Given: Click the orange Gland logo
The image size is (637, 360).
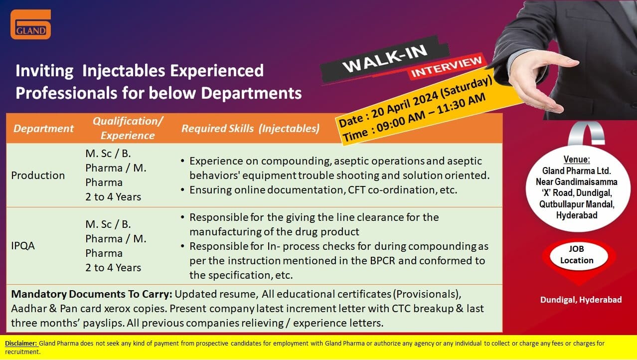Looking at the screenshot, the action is click(x=31, y=24).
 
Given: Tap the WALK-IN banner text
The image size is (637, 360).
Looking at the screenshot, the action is click(x=385, y=59).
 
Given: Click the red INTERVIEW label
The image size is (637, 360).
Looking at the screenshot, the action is click(x=447, y=67).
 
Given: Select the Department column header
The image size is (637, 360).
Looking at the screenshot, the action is click(x=43, y=128).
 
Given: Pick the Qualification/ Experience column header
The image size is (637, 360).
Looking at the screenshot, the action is click(x=128, y=128).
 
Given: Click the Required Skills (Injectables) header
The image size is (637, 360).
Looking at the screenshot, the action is click(x=251, y=128).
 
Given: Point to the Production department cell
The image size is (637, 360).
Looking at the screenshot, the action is click(x=38, y=176).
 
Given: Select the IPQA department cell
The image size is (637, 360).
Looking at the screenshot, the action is click(x=23, y=246).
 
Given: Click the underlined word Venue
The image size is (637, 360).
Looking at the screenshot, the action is click(x=577, y=159).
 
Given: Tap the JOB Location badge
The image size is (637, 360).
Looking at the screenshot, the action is click(x=577, y=255).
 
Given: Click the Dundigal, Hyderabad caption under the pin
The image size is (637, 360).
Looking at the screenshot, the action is click(x=581, y=300).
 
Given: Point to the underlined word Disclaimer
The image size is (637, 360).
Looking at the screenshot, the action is click(x=21, y=343).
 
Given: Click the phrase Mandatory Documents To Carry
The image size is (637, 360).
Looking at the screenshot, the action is click(x=92, y=294).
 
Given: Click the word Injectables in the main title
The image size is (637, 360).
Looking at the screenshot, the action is click(x=124, y=71).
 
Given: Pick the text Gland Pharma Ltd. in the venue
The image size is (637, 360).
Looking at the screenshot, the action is click(x=576, y=171).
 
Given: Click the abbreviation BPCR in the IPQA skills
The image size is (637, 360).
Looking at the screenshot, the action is click(x=382, y=261).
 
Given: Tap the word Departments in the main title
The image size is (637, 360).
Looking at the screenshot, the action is click(x=251, y=93).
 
